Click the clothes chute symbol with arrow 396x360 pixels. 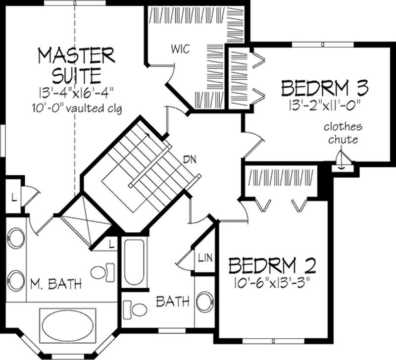[x=341, y=161]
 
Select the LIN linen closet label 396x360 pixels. [x=205, y=257]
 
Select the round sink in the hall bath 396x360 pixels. [x=204, y=302]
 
